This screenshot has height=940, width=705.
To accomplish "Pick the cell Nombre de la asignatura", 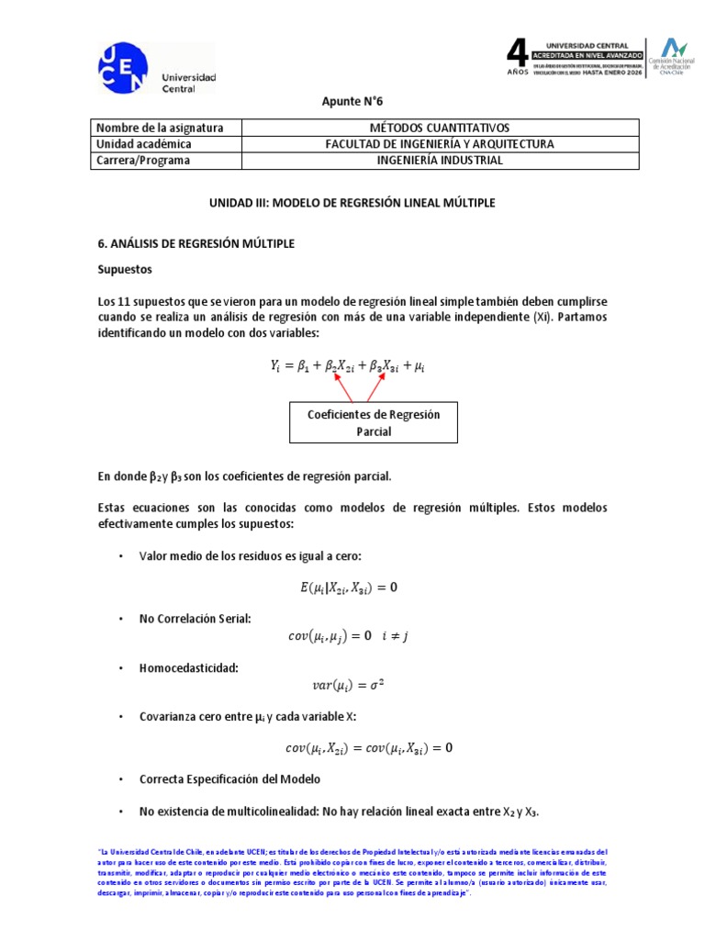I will pos(161,128).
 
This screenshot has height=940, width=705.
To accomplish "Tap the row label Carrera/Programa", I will pos(143,160).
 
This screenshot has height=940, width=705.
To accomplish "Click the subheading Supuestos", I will pos(125,272).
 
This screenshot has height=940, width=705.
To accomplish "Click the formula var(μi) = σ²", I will pos(347,684).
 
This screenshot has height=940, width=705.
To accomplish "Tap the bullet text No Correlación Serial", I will pos(195,620).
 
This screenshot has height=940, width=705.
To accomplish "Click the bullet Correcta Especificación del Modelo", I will pos(229,779).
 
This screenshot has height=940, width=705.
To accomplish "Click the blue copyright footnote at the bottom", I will pos(352,872).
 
